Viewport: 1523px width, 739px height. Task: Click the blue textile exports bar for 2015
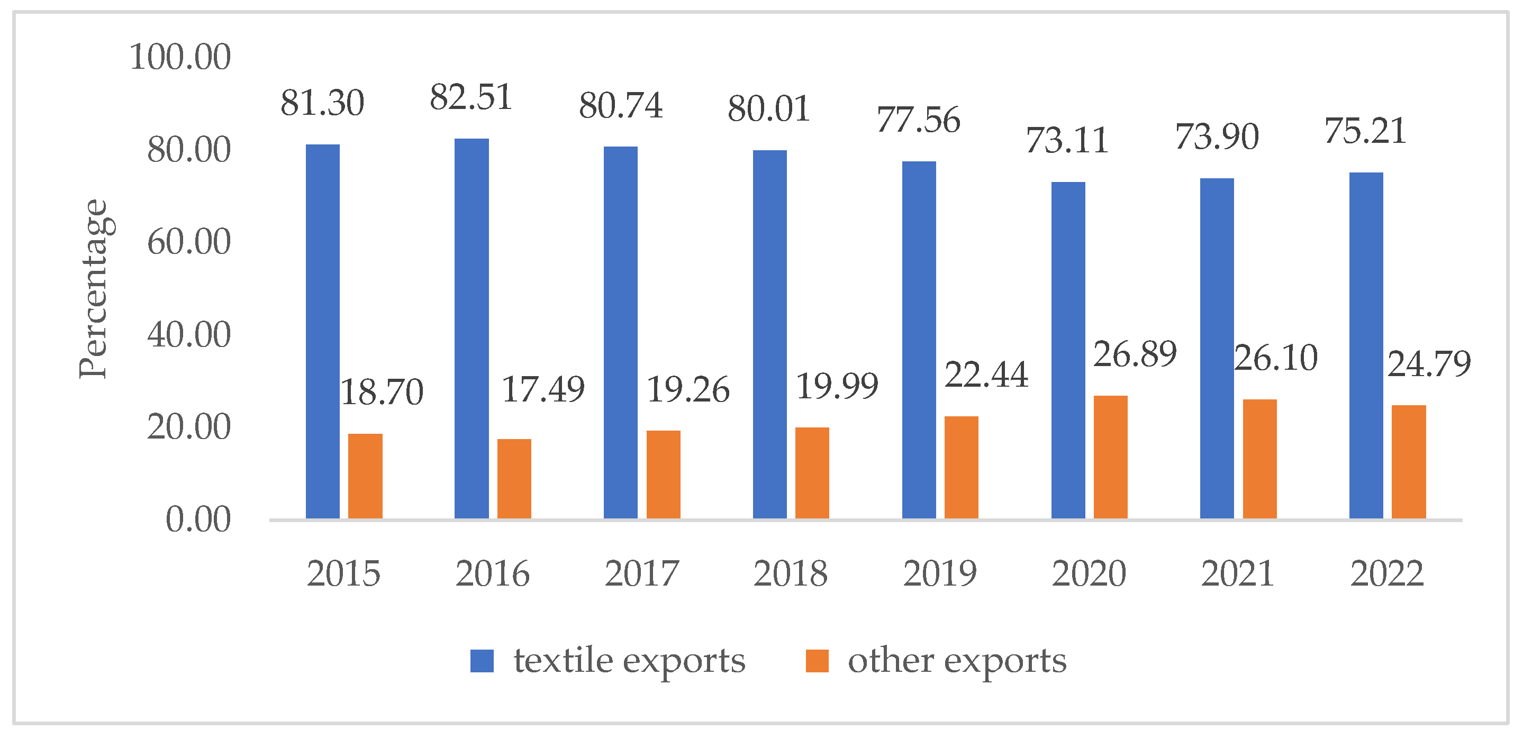[323, 332]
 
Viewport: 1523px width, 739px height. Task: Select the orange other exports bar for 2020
[1110, 457]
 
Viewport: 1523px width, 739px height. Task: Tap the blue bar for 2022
[1366, 346]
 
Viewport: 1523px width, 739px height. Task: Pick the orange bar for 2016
[514, 479]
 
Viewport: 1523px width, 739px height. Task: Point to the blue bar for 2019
[919, 340]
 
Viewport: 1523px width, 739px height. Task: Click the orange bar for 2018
[812, 473]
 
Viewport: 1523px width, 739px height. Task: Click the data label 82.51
[470, 97]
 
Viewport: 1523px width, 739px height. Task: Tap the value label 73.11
[1067, 141]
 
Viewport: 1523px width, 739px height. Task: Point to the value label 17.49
[543, 389]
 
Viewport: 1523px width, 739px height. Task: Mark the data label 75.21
[1365, 131]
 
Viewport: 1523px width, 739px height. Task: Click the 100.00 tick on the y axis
[180, 57]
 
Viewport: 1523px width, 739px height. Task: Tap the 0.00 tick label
[198, 520]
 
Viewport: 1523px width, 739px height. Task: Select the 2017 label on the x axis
[642, 573]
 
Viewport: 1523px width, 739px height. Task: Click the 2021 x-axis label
[1237, 573]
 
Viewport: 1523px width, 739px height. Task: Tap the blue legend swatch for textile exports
[482, 661]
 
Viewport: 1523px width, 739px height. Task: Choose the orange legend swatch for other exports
[817, 661]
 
